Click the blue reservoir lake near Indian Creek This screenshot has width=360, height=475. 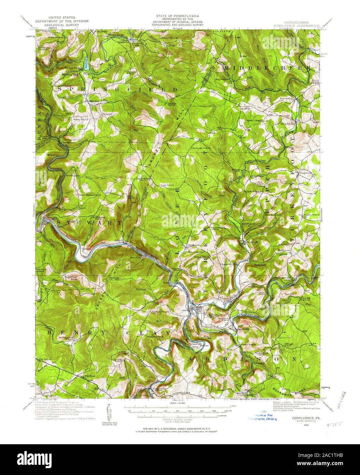tap(85, 63)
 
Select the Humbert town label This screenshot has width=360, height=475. tap(251, 241)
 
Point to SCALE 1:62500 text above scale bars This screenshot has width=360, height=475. tap(180, 403)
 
